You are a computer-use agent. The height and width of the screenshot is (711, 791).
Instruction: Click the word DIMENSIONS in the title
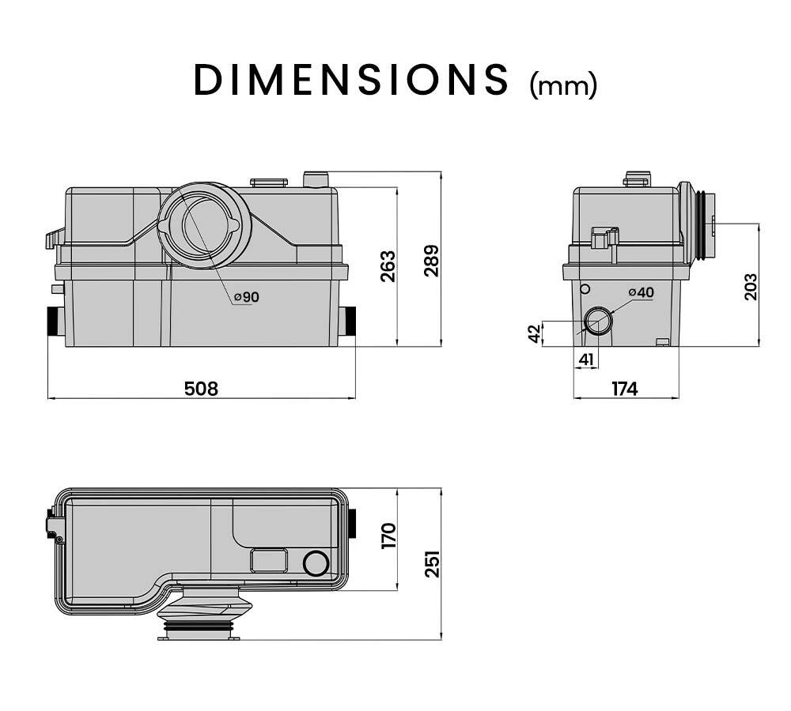tap(351, 79)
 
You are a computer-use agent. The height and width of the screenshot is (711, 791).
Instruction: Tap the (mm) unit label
tap(562, 84)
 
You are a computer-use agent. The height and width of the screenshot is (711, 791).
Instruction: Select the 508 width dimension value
tap(200, 388)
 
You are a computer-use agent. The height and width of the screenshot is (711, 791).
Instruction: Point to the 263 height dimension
tap(387, 267)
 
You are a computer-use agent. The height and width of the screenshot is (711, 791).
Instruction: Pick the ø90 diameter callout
tap(246, 297)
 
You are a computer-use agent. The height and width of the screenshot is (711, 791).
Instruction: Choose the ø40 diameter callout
tap(641, 292)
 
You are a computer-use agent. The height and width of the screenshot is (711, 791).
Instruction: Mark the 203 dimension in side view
tap(751, 286)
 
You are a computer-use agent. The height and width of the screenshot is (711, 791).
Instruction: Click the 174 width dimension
tap(624, 389)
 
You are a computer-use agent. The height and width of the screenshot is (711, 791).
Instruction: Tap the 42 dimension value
tap(535, 333)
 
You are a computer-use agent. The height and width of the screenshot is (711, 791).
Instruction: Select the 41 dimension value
tap(585, 359)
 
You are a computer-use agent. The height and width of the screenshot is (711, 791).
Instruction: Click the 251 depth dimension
tap(432, 564)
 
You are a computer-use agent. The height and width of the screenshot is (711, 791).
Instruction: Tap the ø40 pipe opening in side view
tap(598, 322)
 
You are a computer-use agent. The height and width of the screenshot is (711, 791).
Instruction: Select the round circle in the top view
tap(316, 563)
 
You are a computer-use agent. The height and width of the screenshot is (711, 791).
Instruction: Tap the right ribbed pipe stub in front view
tap(348, 322)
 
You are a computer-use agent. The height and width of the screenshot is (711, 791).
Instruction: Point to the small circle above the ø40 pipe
tap(585, 288)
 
